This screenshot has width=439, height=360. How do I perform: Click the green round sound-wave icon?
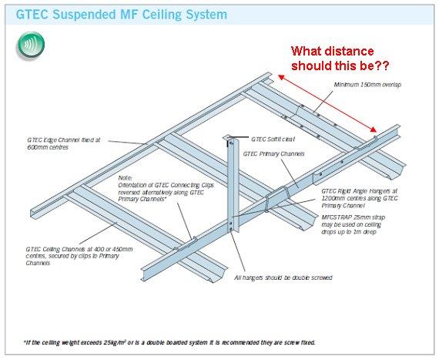click(31, 45)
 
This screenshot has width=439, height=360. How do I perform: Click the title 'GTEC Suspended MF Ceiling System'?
click(122, 15)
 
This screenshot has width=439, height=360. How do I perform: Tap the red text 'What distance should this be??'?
click(340, 59)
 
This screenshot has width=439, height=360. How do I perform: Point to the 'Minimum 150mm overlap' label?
click(367, 84)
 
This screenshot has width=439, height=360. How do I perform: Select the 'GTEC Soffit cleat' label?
click(273, 139)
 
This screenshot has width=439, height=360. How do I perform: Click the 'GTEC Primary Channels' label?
click(273, 153)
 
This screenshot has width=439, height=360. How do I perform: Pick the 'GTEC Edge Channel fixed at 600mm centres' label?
click(64, 143)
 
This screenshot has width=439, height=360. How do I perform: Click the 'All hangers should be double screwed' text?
click(283, 278)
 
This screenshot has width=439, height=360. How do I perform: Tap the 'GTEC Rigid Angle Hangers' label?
click(360, 198)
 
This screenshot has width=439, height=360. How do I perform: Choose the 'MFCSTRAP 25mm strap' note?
click(354, 224)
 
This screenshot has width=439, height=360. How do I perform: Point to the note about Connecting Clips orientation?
click(166, 189)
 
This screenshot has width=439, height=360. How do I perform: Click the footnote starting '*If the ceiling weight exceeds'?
click(169, 342)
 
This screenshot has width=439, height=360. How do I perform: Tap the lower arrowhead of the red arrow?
click(374, 130)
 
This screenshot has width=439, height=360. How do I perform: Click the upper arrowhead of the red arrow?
click(280, 76)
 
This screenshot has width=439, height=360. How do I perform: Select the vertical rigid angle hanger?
click(233, 184)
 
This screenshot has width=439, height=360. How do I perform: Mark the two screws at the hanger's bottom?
click(231, 226)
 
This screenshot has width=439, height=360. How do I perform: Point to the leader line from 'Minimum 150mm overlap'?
click(323, 101)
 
